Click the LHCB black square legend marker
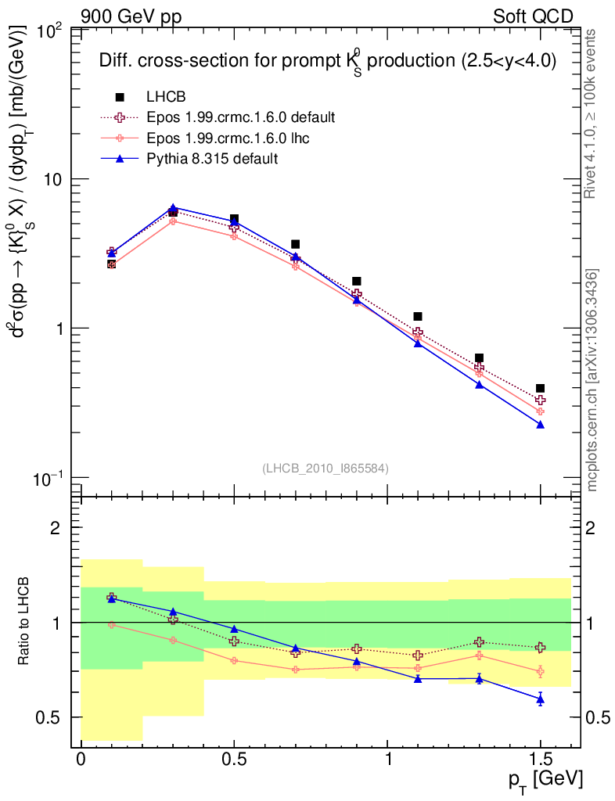tap(120, 97)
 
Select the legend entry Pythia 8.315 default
tap(212, 159)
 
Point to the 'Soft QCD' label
tap(533, 16)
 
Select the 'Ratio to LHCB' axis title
tap(27, 622)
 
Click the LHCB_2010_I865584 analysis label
tap(325, 468)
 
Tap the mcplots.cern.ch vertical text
tap(592, 379)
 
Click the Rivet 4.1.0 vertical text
tap(592, 113)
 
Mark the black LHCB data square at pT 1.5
tap(540, 388)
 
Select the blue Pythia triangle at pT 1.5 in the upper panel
tap(540, 424)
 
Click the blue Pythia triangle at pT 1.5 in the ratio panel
tap(540, 699)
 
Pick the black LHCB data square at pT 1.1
tap(418, 316)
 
